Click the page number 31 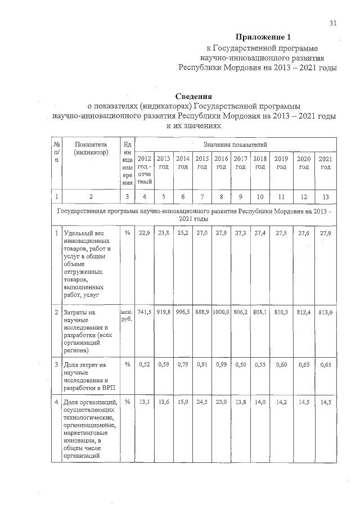[333, 23]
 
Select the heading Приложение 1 [263, 38]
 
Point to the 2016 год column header [221, 163]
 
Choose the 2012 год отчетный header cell [145, 171]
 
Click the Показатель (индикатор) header [90, 148]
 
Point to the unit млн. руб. [126, 315]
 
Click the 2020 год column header [304, 163]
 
